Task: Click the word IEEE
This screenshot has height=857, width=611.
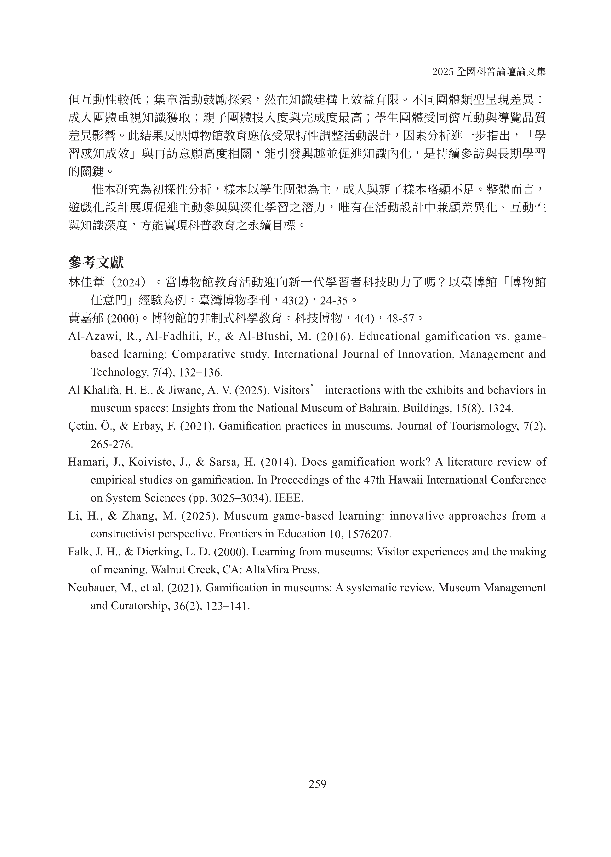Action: [289, 498]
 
